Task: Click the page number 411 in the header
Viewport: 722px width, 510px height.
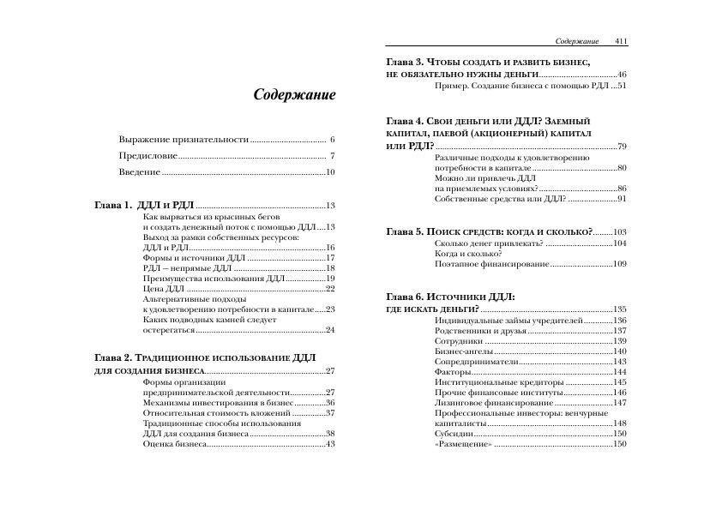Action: [x=621, y=40]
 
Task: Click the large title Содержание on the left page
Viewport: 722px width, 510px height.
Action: [x=294, y=95]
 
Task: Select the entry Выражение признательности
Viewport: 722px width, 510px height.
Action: [x=184, y=139]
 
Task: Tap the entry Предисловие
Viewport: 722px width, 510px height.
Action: [x=148, y=156]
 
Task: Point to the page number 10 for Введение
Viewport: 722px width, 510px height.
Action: [x=329, y=172]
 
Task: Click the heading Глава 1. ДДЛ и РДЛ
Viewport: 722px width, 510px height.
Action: [x=143, y=206]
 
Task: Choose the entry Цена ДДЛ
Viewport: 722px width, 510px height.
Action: [x=165, y=289]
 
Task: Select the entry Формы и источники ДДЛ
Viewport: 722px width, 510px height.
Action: [x=194, y=258]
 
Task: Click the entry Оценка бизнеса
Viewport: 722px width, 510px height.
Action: [x=175, y=444]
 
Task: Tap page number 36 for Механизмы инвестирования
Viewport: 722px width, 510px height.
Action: [x=329, y=403]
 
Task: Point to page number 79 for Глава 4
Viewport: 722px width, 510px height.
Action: [x=622, y=147]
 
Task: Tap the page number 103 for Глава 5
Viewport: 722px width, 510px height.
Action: [x=620, y=232]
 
